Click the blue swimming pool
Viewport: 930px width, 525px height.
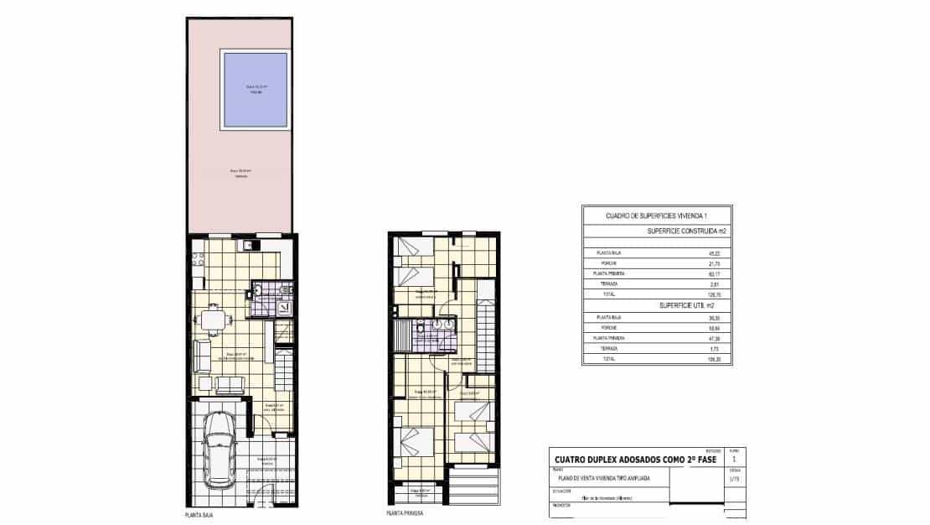[x=255, y=89]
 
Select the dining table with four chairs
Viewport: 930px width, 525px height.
[x=214, y=319]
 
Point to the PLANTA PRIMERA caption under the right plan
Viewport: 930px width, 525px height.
[x=404, y=512]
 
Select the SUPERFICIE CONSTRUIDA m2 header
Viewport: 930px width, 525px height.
[x=685, y=231]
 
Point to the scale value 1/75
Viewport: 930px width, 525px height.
[x=735, y=480]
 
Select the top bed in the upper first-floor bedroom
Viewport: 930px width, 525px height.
[x=411, y=247]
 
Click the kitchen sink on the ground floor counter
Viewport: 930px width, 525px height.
[x=249, y=246]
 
